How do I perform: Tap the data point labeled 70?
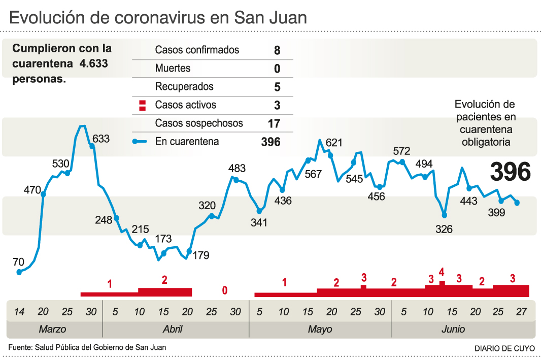pos(19,272)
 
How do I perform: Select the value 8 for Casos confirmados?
pos(277,50)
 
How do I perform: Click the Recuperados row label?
pos(184,87)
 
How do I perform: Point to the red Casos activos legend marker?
pos(143,106)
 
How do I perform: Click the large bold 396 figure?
pos(511,172)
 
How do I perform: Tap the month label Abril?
pos(173,329)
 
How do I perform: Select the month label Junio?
pos(453,329)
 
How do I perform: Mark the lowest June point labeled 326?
pos(445,215)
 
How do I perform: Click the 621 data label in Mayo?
pos(334,143)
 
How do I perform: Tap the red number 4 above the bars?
pos(442,271)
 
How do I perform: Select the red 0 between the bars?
pos(224,290)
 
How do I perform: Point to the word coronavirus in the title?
pos(162,18)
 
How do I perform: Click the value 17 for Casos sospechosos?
pos(274,123)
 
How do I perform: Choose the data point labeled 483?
pos(236,179)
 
